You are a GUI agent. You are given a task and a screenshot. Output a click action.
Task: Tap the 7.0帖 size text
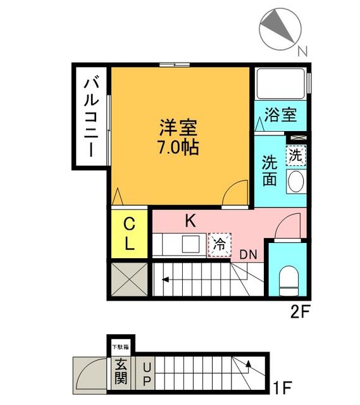pos(178,148)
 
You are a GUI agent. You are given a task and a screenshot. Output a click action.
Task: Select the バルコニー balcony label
pos(91,117)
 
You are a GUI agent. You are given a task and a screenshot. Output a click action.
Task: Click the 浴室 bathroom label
pos(281,115)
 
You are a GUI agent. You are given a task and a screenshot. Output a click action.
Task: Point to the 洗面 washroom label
pos(270,170)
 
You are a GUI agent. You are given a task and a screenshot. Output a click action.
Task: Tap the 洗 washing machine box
pos(295,154)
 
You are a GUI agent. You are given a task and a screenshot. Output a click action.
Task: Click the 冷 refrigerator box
pos(220,244)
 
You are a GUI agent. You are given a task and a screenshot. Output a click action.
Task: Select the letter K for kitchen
pos(190,221)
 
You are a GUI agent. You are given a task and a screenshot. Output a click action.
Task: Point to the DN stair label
pos(248,254)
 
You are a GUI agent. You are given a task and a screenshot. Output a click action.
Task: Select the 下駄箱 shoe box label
pos(120,346)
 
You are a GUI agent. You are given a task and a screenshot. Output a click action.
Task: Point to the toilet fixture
pos(289,278)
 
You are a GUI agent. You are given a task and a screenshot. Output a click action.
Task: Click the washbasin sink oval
pos(295,182)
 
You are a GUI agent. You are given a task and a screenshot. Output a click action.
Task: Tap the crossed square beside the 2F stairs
pos(129,278)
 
